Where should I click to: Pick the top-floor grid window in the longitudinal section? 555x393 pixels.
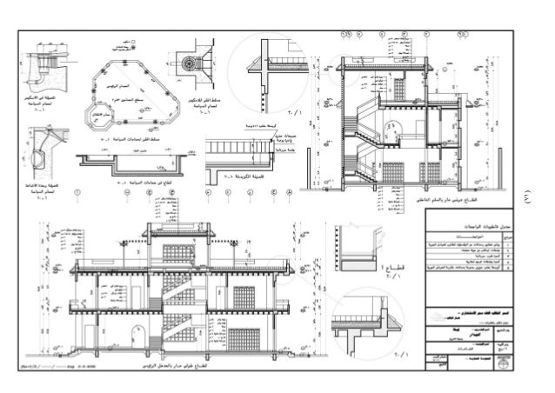point(173,253)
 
